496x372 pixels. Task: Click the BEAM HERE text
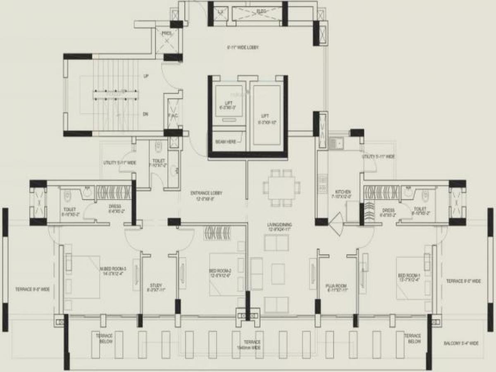[x=226, y=141]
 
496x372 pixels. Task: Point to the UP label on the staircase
[x=146, y=76]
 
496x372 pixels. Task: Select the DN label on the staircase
[x=145, y=114]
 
